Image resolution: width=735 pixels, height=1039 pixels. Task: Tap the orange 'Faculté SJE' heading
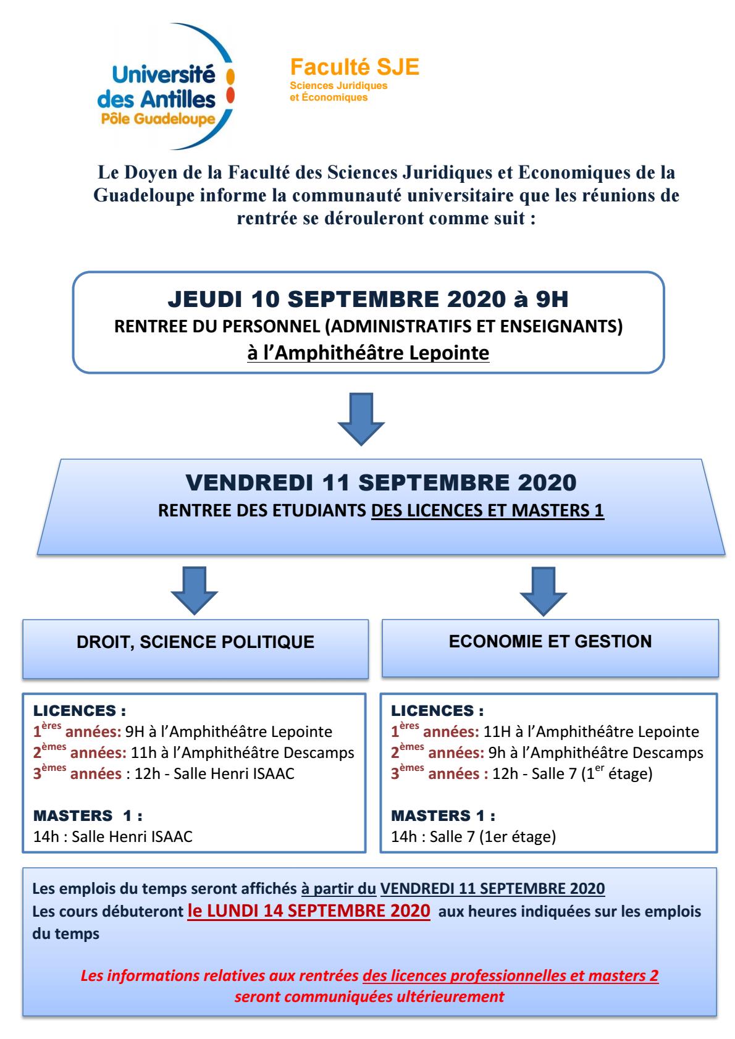tap(355, 67)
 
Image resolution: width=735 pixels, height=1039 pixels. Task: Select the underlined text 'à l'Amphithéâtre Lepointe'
tap(368, 353)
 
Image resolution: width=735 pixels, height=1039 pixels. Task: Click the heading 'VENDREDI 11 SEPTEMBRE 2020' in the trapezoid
tap(381, 482)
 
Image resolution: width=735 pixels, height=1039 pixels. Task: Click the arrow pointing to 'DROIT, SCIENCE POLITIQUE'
tap(194, 590)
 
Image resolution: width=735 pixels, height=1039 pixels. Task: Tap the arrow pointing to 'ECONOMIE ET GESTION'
tap(544, 590)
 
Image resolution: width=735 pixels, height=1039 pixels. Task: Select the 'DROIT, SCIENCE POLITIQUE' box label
tap(195, 642)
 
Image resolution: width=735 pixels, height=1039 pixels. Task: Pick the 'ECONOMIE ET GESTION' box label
tap(550, 641)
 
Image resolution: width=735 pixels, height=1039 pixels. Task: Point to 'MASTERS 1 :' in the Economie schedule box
tap(443, 815)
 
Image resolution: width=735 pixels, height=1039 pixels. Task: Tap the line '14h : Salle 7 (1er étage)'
tap(473, 837)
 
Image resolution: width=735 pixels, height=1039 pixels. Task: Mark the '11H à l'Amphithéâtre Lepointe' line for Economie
tap(591, 732)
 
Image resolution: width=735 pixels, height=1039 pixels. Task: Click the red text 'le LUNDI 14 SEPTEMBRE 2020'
tap(308, 911)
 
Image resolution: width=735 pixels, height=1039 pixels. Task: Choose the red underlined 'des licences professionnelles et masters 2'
tap(511, 975)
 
